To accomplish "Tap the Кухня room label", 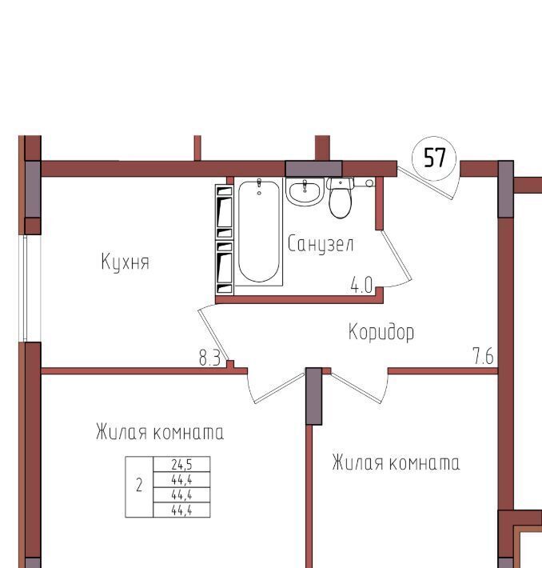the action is pyautogui.click(x=126, y=262).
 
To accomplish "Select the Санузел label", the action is pyautogui.click(x=321, y=244).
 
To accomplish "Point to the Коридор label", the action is pyautogui.click(x=381, y=331).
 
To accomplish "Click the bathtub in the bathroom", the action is pyautogui.click(x=259, y=231).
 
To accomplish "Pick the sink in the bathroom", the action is pyautogui.click(x=305, y=192).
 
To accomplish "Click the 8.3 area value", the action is pyautogui.click(x=209, y=358).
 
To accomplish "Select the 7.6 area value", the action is pyautogui.click(x=483, y=356).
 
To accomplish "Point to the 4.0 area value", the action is pyautogui.click(x=361, y=285).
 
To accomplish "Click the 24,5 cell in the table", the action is pyautogui.click(x=181, y=464).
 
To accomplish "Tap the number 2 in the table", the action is pyautogui.click(x=139, y=486).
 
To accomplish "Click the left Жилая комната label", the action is pyautogui.click(x=160, y=431).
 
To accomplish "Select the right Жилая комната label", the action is pyautogui.click(x=396, y=462).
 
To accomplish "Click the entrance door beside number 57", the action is pyautogui.click(x=425, y=183).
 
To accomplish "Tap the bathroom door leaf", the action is pyautogui.click(x=397, y=256).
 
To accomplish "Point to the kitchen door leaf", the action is pyautogui.click(x=213, y=334).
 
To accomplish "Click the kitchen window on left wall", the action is pyautogui.click(x=26, y=288).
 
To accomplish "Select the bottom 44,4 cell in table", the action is pyautogui.click(x=181, y=510).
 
